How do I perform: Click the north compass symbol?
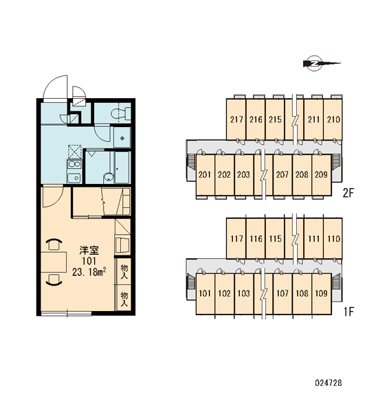322,63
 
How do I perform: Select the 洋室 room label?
89,251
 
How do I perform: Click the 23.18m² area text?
89,272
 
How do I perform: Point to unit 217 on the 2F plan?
236,119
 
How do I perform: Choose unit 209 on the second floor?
321,174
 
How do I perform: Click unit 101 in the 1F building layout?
205,293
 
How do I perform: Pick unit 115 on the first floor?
275,238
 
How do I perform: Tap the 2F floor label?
348,193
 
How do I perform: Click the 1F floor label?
349,312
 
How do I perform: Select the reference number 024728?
329,383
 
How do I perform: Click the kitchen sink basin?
74,178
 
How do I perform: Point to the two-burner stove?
74,165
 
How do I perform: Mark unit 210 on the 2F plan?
333,119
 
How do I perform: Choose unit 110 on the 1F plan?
333,238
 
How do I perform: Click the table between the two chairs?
54,262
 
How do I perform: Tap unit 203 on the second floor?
244,174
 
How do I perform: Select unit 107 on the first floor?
282,293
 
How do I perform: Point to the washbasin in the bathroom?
108,177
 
